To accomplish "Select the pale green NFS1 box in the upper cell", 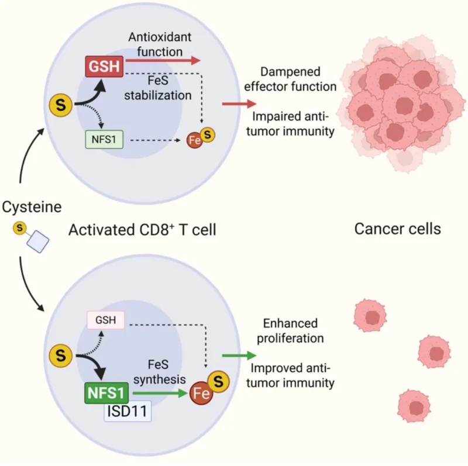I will (x=104, y=140).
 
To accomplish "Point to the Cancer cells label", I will (x=398, y=230).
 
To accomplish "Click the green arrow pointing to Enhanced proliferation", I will (x=239, y=355).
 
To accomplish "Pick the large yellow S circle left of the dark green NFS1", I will (x=61, y=354).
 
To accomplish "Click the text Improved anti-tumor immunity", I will (x=291, y=376).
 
